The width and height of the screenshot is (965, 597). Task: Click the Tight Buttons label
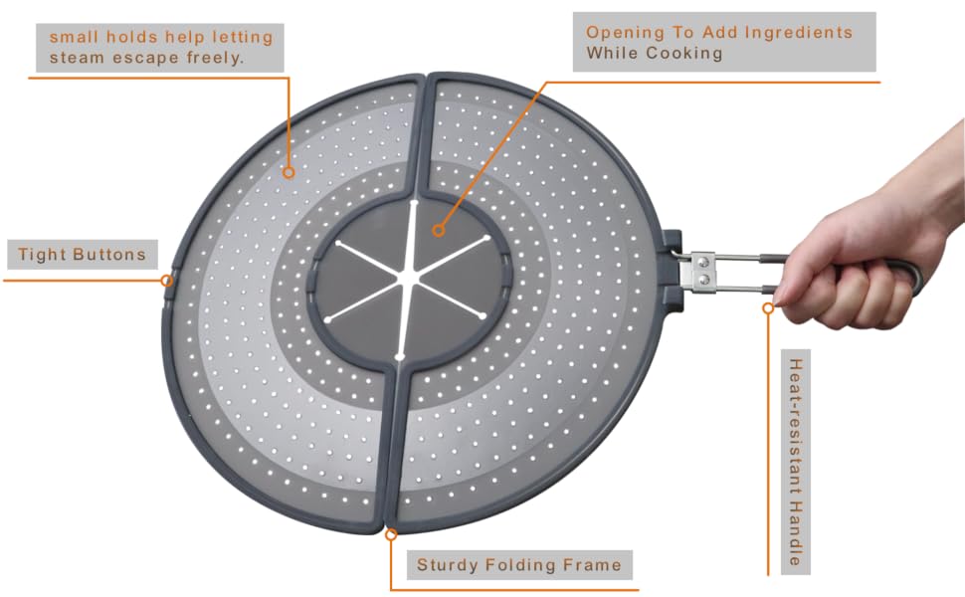coord(82,254)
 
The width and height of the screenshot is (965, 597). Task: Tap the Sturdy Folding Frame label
coord(518,565)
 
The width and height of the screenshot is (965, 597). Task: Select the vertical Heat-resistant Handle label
coord(796,463)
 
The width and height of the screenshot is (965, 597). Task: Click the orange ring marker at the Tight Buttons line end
coord(166,281)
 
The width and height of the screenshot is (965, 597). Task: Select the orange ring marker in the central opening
coord(438,231)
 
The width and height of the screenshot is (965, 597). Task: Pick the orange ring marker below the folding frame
coord(391,535)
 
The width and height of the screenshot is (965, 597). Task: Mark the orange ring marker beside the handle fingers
coord(768,307)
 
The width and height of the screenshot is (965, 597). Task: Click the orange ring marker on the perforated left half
coord(289,173)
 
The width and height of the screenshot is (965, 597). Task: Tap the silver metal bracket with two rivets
coord(702,272)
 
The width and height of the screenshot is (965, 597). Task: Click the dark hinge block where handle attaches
coord(673,270)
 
